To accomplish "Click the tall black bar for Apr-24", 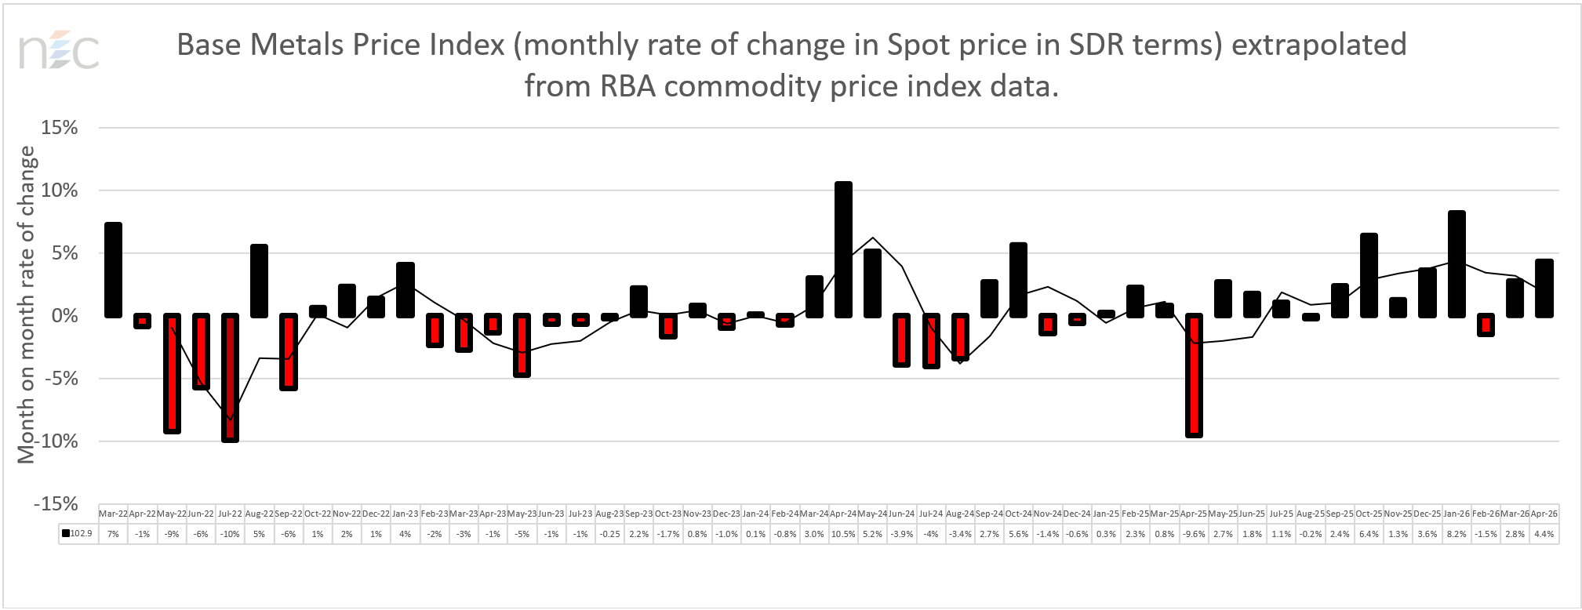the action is click(843, 249).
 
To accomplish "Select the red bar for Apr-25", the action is click(1194, 375).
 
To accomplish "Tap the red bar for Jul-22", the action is click(230, 377).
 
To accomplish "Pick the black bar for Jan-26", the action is click(1457, 263).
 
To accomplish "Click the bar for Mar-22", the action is click(113, 270).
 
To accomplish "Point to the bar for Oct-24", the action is click(1018, 280).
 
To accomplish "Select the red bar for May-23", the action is click(522, 345).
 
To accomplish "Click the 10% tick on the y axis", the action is click(60, 191).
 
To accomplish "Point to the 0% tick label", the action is click(64, 316).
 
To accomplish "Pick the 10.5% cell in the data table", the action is click(843, 534).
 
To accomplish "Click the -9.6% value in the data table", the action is click(1194, 534).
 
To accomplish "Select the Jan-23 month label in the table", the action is click(405, 514).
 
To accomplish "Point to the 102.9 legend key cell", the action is click(78, 534).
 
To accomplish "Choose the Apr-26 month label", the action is click(1544, 514).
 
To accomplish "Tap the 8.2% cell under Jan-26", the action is click(1457, 534).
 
